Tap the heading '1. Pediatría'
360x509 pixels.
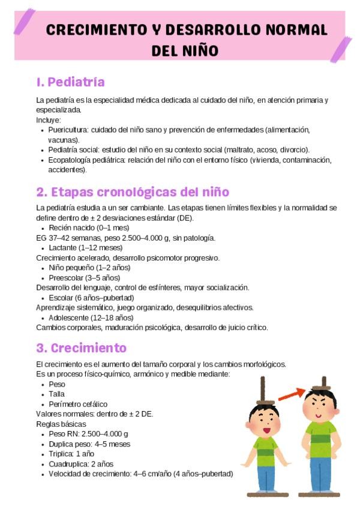point(70,82)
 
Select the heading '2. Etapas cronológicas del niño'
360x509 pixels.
point(132,192)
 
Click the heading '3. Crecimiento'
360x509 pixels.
point(81,348)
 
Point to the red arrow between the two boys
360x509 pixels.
point(290,393)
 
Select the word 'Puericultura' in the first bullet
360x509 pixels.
point(68,130)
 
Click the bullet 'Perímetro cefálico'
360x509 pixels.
point(78,404)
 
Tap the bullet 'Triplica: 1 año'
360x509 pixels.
point(71,454)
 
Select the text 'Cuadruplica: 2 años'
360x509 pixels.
point(81,464)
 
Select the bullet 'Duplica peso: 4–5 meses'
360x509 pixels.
point(89,444)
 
